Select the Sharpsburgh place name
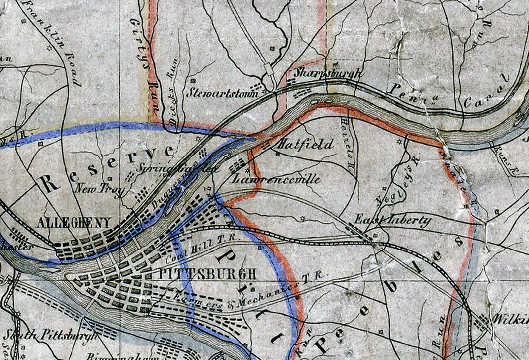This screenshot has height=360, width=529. tap(327, 73)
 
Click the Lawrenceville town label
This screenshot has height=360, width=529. tap(276, 179)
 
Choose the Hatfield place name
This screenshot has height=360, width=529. tap(305, 144)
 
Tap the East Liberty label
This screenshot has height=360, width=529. tap(393, 221)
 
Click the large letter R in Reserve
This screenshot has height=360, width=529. tap(51, 183)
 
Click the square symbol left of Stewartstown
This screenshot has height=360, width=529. tap(193, 80)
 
